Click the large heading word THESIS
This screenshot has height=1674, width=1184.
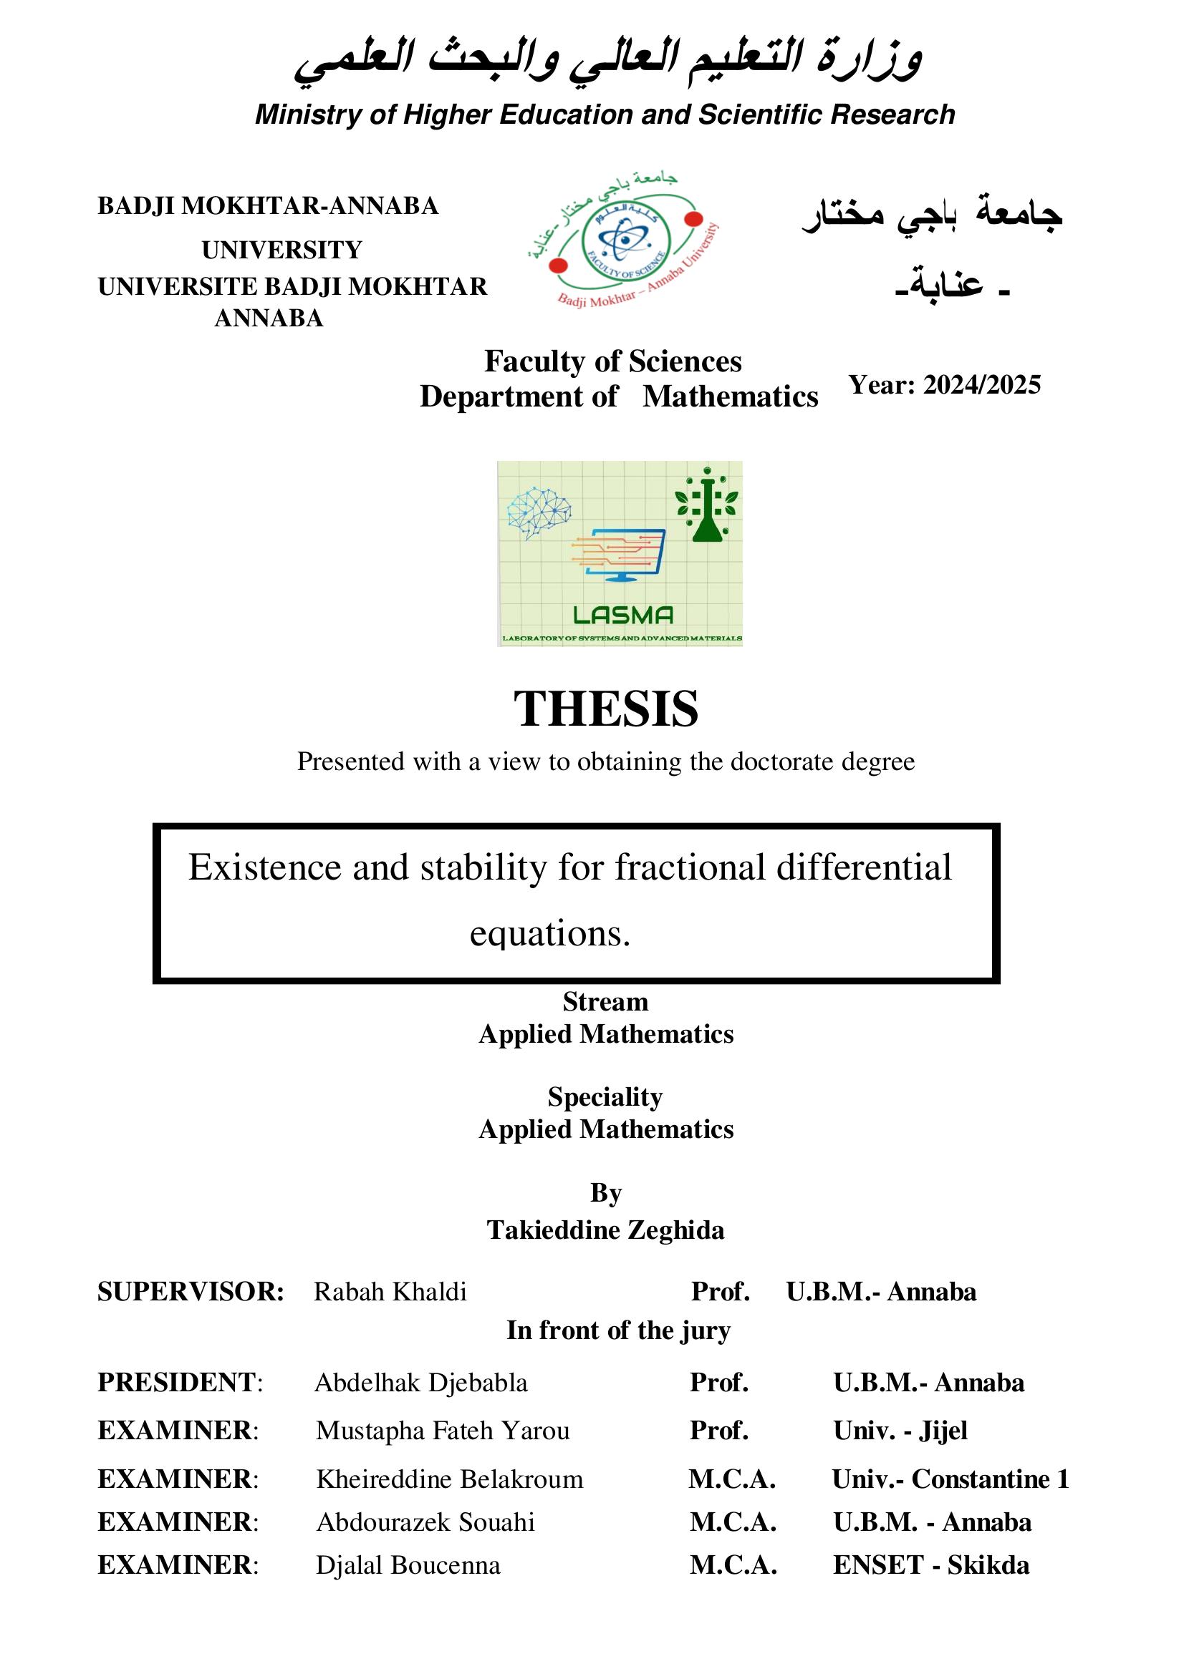coord(605,709)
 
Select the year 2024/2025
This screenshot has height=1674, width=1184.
coord(981,384)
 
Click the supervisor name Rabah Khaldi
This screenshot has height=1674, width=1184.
coord(390,1291)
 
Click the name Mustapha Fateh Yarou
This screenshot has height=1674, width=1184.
coord(443,1430)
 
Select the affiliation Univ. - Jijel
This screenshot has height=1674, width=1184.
coord(900,1430)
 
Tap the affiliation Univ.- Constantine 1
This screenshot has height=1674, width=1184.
coord(950,1479)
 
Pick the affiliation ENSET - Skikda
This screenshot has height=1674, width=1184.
coord(931,1564)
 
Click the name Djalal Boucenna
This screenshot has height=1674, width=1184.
coord(408,1564)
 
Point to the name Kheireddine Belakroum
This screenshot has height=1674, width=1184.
coord(449,1479)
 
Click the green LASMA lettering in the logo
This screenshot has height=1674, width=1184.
coord(623,615)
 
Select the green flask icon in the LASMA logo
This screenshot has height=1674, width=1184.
coord(706,507)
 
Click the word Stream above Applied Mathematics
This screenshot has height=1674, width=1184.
coord(605,1002)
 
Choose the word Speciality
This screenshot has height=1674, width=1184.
coord(605,1096)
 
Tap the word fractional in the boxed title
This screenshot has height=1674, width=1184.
coord(689,867)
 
